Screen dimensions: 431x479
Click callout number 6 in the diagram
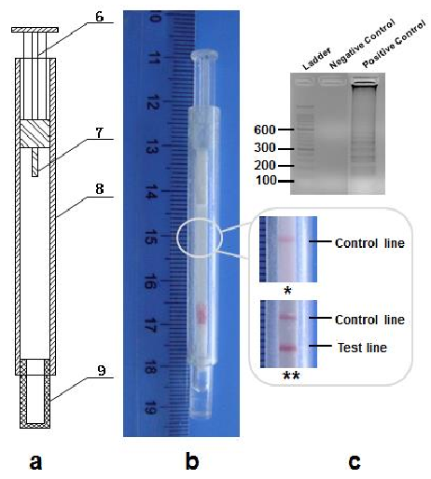[100, 17]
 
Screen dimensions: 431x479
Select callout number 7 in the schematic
[99, 133]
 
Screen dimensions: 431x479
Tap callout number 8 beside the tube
[100, 189]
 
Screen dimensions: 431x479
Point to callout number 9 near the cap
[101, 370]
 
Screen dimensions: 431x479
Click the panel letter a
[35, 461]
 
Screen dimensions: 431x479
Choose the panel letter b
[192, 459]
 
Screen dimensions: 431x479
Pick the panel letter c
[355, 461]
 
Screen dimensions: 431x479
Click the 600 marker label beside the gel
[265, 130]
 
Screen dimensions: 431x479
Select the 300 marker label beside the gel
[265, 147]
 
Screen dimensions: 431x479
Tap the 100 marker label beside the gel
[266, 180]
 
